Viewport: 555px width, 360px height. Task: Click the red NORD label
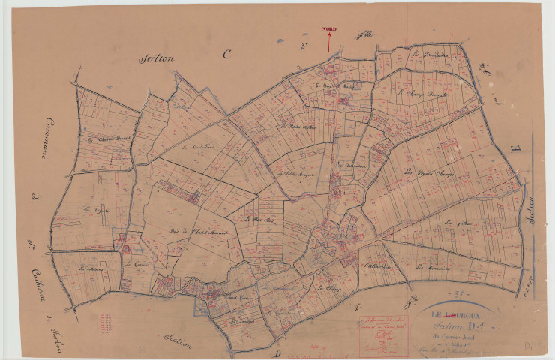(328, 29)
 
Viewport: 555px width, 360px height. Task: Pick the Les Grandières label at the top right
(430, 55)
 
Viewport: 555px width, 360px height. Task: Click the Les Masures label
(91, 266)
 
